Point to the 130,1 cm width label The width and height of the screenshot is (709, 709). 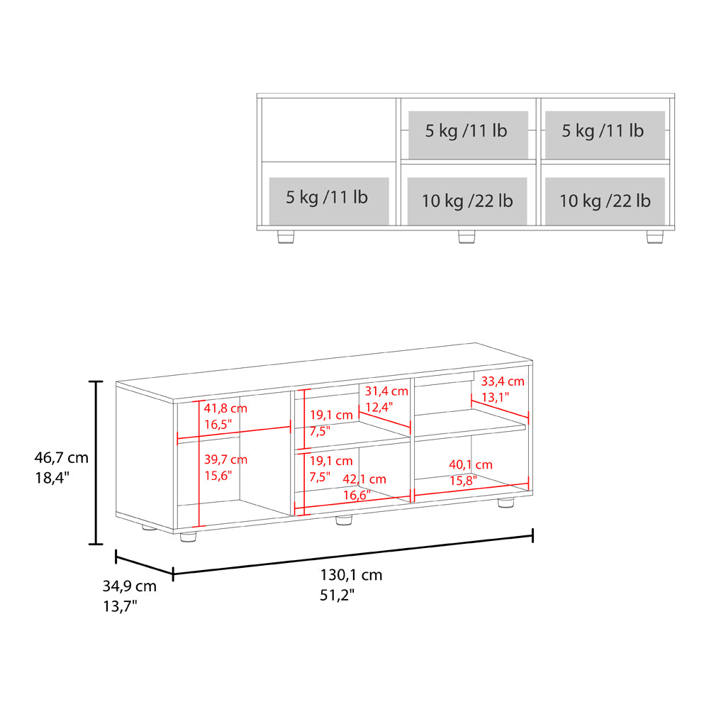tap(351, 575)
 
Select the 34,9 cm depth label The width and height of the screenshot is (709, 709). tap(130, 586)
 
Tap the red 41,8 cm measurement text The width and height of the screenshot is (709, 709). tap(225, 408)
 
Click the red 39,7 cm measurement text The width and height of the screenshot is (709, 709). tap(225, 459)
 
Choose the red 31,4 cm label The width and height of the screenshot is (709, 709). tap(386, 391)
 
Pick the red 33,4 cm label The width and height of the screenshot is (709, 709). tap(503, 381)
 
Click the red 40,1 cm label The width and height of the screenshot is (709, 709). tap(471, 465)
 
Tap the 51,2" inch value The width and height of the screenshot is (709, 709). tap(337, 595)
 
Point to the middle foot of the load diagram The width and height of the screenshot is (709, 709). tap(467, 236)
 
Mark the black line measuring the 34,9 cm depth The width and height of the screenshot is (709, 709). tap(144, 562)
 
